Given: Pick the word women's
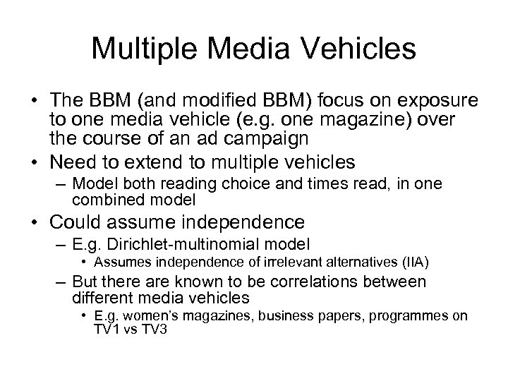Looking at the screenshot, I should [x=161, y=316].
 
